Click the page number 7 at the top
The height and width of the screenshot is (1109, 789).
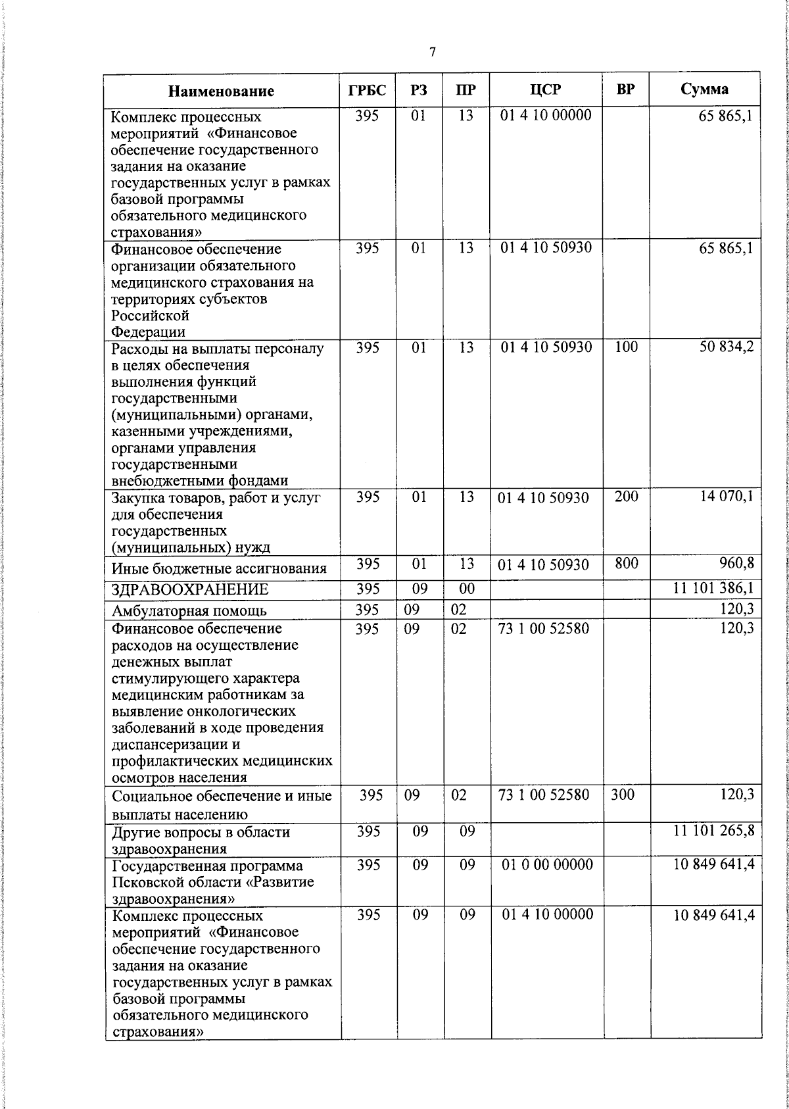(432, 53)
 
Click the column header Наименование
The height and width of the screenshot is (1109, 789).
(221, 91)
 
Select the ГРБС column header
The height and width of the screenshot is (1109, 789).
(367, 90)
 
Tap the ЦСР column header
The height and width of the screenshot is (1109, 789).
(546, 90)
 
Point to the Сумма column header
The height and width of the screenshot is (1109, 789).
(704, 89)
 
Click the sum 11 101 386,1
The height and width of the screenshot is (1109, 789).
(713, 588)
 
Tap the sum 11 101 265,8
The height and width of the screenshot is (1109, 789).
(713, 831)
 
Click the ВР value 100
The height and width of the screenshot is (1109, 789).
(626, 347)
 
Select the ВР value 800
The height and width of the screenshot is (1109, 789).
(626, 564)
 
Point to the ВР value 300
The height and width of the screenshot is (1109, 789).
(622, 795)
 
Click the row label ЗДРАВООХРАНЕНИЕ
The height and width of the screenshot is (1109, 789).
(190, 589)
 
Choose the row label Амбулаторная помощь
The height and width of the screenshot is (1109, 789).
(189, 610)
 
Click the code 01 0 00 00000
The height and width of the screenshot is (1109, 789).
(546, 864)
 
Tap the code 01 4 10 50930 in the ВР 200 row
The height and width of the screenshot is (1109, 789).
(543, 498)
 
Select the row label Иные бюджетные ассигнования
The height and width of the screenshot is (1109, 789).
(219, 568)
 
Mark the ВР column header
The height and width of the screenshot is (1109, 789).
(626, 90)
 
